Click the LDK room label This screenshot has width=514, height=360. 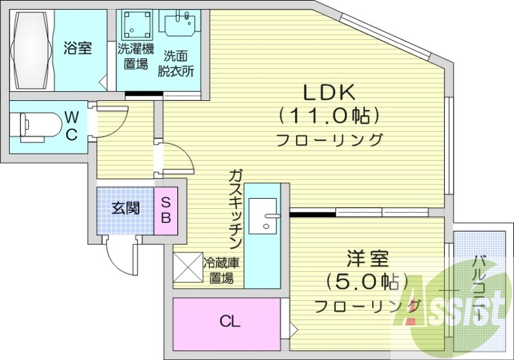329,93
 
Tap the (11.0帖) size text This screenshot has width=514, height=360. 329,116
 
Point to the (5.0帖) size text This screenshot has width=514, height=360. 367,281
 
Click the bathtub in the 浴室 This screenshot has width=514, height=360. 30,50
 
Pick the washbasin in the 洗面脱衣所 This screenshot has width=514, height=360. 179,24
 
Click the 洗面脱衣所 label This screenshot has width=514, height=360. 176,63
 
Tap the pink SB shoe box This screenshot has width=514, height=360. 165,209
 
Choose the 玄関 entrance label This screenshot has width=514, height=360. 125,209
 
